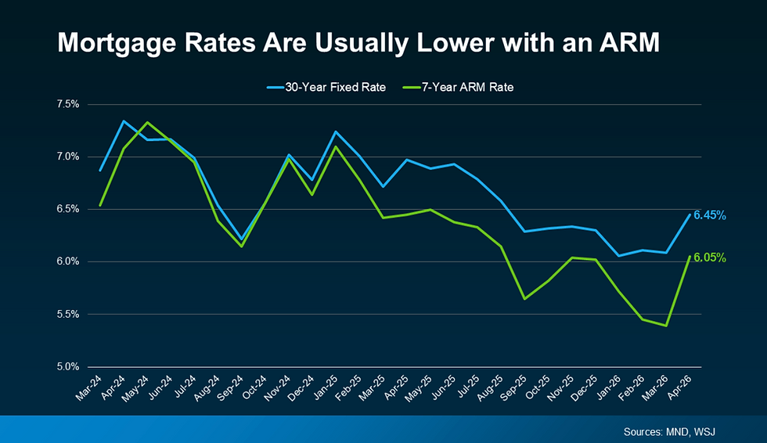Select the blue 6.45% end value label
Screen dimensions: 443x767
[709, 215]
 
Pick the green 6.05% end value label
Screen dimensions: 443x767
[709, 258]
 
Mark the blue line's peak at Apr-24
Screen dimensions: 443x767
[123, 121]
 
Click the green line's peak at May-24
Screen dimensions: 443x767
[147, 122]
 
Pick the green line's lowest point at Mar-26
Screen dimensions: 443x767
[665, 326]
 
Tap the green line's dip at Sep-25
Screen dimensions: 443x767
[524, 299]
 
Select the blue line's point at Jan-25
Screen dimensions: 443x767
[335, 131]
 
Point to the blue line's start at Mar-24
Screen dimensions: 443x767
[99, 171]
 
